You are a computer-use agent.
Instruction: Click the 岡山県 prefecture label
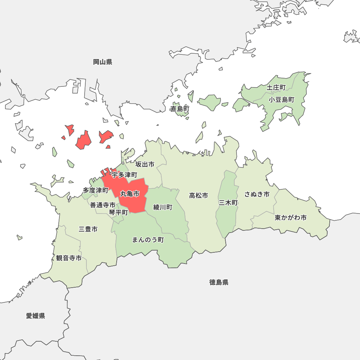pyautogui.click(x=103, y=62)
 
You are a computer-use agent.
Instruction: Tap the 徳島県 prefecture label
pyautogui.click(x=219, y=282)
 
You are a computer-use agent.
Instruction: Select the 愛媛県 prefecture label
pyautogui.click(x=36, y=316)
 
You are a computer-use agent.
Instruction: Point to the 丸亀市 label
pyautogui.click(x=130, y=194)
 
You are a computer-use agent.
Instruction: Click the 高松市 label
pyautogui.click(x=198, y=195)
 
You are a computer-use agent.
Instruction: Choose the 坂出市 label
pyautogui.click(x=145, y=165)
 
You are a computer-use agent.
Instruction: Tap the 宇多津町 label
pyautogui.click(x=124, y=175)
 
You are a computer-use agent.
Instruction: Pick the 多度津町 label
pyautogui.click(x=95, y=190)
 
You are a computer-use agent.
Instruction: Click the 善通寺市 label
pyautogui.click(x=103, y=205)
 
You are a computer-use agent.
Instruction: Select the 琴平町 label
pyautogui.click(x=118, y=212)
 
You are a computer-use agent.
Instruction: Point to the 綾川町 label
pyautogui.click(x=163, y=207)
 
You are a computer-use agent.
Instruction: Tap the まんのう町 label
pyautogui.click(x=148, y=240)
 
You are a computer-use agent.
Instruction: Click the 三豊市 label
pyautogui.click(x=88, y=229)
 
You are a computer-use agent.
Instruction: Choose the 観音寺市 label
pyautogui.click(x=69, y=258)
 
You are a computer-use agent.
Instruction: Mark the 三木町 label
pyautogui.click(x=228, y=203)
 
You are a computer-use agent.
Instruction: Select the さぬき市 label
pyautogui.click(x=257, y=194)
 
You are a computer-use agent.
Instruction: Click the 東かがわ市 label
pyautogui.click(x=291, y=218)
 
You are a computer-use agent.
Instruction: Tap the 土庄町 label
pyautogui.click(x=276, y=87)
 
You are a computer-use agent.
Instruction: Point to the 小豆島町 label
pyautogui.click(x=282, y=100)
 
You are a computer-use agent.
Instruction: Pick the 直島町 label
pyautogui.click(x=180, y=109)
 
